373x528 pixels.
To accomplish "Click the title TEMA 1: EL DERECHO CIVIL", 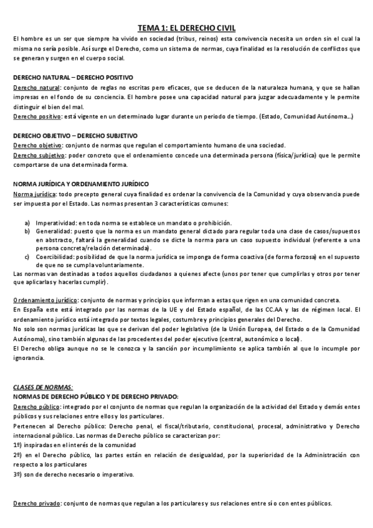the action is pyautogui.click(x=186, y=27).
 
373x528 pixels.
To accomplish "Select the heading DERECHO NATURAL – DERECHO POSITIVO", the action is pyautogui.click(x=73, y=78).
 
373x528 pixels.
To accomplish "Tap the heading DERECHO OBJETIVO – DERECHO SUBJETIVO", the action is pyautogui.click(x=75, y=136).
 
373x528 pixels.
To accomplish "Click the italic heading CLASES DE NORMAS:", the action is pyautogui.click(x=43, y=387).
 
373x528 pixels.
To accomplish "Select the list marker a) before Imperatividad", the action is pyautogui.click(x=27, y=223).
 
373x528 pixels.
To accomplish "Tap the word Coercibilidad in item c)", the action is pyautogui.click(x=55, y=256).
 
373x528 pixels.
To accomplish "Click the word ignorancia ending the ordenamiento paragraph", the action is pyautogui.click(x=29, y=359).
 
